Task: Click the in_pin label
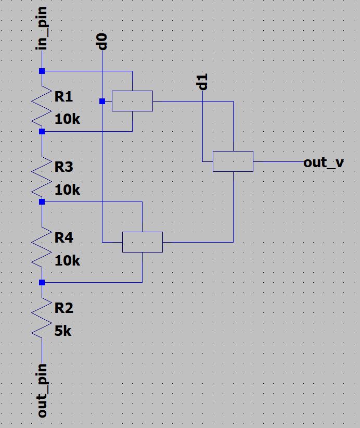[x=42, y=29]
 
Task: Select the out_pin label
[x=42, y=391]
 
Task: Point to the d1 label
[x=203, y=82]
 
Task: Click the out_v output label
[x=323, y=162]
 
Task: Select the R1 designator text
[x=63, y=97]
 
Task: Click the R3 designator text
[x=63, y=167]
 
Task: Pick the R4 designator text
[x=63, y=238]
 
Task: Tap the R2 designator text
[x=63, y=308]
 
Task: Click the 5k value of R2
[x=63, y=331]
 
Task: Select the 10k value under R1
[x=67, y=119]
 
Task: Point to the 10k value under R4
[x=67, y=260]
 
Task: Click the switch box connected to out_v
[x=233, y=161]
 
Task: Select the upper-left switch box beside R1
[x=132, y=101]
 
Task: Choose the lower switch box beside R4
[x=142, y=242]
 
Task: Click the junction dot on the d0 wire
[x=102, y=101]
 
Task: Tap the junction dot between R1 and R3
[x=42, y=132]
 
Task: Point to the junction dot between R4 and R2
[x=42, y=282]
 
